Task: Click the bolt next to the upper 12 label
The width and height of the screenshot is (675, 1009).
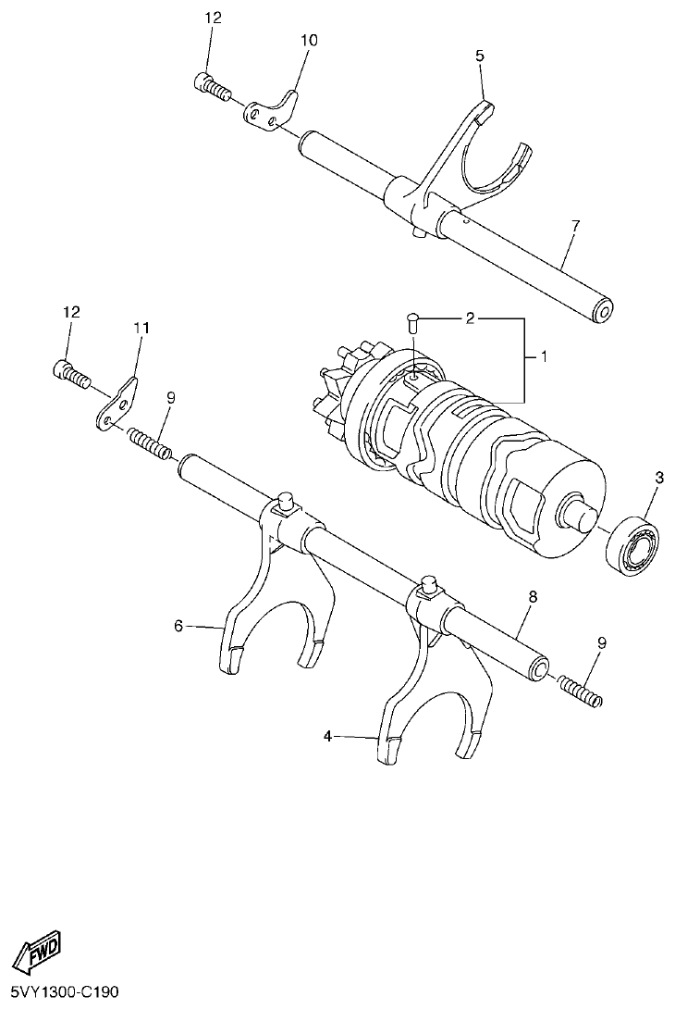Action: pyautogui.click(x=212, y=86)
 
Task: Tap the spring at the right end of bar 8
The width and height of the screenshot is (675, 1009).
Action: pyautogui.click(x=580, y=691)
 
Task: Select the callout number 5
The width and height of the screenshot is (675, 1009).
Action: pyautogui.click(x=479, y=56)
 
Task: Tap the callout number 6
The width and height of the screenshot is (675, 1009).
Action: pyautogui.click(x=178, y=626)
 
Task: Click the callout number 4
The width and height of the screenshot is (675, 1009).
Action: pyautogui.click(x=327, y=737)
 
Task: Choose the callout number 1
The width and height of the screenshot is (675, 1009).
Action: pyautogui.click(x=544, y=355)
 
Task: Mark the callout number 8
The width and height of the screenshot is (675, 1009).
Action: pyautogui.click(x=532, y=599)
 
